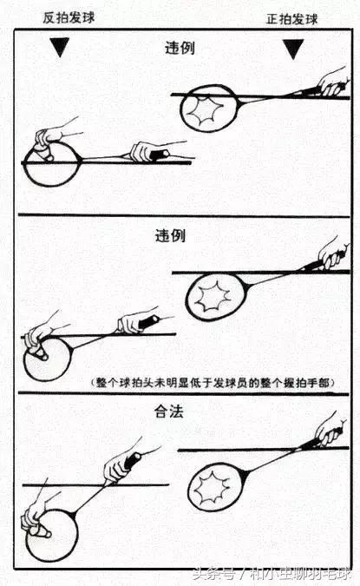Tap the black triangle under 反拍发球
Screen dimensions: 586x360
coord(59,49)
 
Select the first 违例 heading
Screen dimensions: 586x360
coord(180,48)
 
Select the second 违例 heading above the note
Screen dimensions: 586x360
coord(180,235)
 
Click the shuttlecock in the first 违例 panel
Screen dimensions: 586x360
coord(41,155)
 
